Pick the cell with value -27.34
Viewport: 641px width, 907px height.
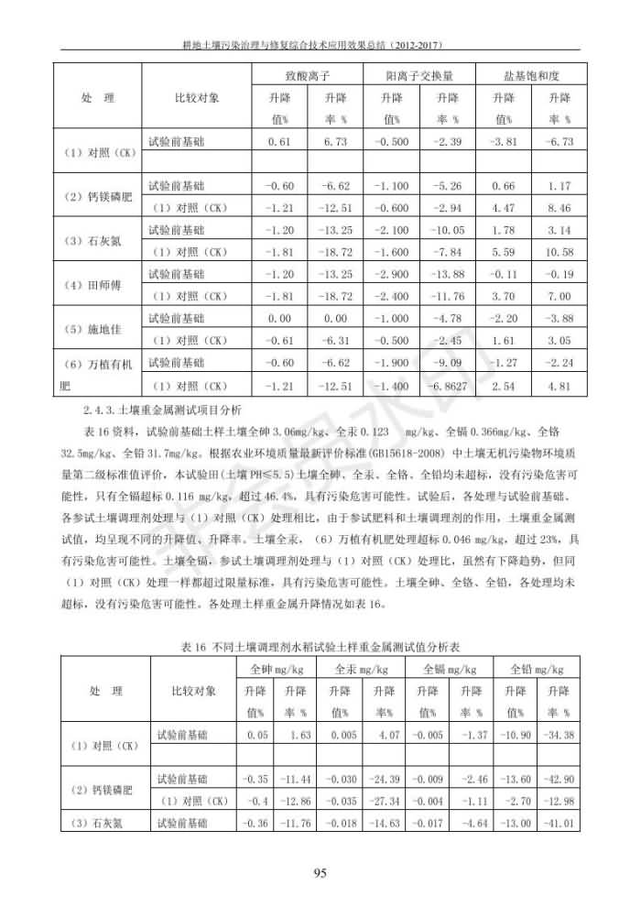(385, 801)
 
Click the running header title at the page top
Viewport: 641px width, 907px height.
(320, 42)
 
